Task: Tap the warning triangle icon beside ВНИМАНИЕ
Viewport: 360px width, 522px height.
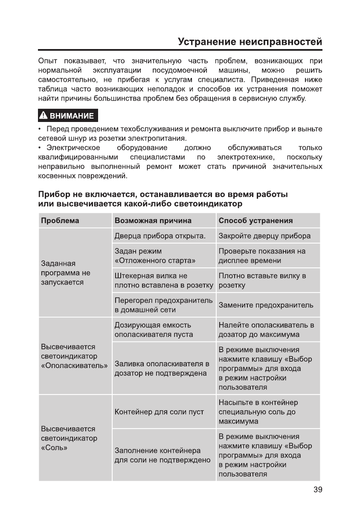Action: [44, 116]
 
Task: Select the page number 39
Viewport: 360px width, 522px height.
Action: [317, 490]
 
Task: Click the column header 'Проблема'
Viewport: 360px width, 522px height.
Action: [60, 220]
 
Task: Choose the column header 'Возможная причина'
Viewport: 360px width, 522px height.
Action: [153, 220]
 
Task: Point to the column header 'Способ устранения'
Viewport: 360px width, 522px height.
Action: [255, 220]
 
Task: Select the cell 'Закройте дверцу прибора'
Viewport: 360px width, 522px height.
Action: [264, 236]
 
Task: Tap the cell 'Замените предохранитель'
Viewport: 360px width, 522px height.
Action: [266, 305]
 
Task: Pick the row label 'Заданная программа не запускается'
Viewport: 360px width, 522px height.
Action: [65, 273]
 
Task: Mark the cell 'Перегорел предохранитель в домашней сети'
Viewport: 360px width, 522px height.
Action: [163, 305]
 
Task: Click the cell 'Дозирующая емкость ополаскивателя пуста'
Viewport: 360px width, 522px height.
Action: [154, 330]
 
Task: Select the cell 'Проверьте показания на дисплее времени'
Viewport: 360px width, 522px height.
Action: [262, 255]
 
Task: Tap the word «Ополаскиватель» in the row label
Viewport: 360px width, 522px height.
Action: [74, 365]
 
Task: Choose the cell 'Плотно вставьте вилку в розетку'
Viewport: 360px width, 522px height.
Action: [262, 280]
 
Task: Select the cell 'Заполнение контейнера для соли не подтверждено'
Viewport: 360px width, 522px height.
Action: [163, 455]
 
